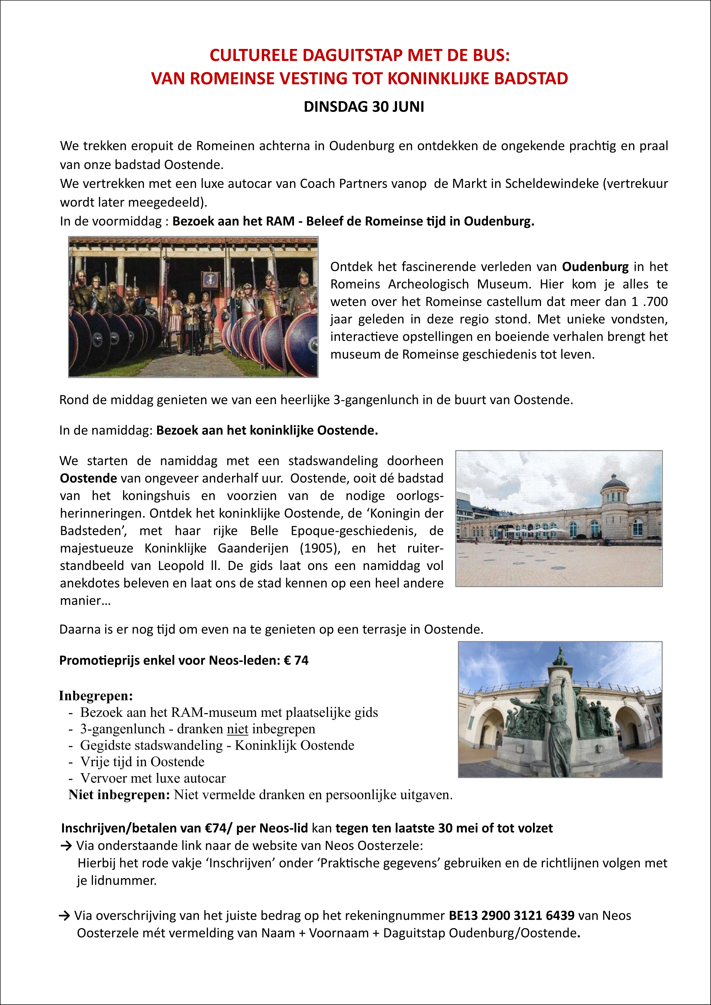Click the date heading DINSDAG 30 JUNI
(x=364, y=107)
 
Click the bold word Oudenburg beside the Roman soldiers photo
(x=595, y=267)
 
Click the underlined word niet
(x=237, y=729)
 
